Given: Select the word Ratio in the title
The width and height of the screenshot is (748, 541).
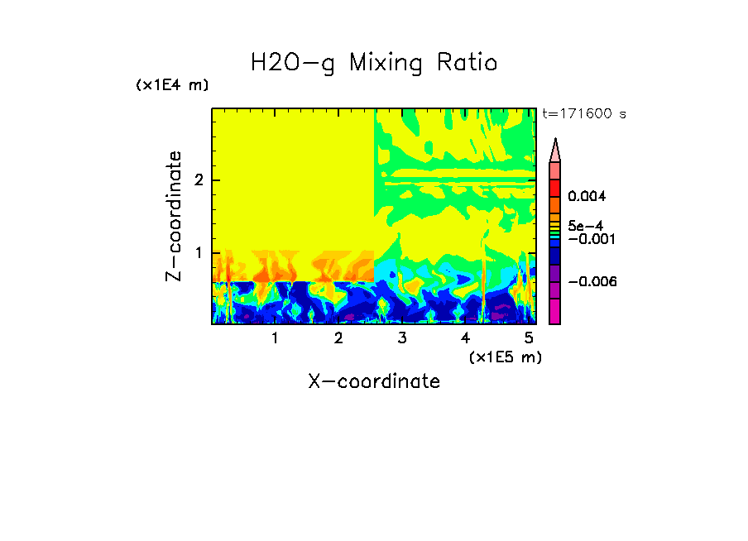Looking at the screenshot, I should [467, 63].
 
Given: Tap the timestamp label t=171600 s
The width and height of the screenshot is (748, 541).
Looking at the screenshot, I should [583, 113].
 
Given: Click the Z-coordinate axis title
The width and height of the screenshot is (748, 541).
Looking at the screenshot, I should [174, 216].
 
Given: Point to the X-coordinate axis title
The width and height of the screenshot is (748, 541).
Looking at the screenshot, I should [374, 381].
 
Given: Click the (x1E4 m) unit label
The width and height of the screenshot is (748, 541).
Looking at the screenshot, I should [172, 85].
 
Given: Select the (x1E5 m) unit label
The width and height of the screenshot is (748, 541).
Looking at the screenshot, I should [505, 357].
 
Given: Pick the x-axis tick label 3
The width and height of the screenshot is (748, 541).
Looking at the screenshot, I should [402, 338].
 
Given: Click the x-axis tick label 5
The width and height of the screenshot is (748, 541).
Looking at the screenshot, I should [529, 338].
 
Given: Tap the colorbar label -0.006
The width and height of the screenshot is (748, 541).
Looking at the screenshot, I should [592, 281].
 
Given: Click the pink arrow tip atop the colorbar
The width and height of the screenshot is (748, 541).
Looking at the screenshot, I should [555, 150].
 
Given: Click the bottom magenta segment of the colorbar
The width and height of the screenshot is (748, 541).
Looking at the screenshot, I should [555, 311].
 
